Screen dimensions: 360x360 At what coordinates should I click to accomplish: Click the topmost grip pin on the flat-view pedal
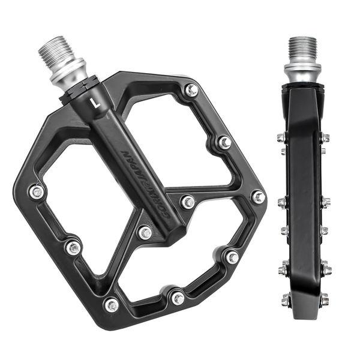[191, 90]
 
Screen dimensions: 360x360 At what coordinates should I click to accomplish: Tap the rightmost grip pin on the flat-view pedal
[258, 197]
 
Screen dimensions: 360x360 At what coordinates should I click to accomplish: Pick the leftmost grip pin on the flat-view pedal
[37, 192]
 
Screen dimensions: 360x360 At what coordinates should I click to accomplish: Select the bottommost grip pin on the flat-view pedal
[112, 305]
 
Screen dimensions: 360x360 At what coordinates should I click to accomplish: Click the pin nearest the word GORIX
[188, 202]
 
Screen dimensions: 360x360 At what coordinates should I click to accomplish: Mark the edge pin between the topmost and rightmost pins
[224, 143]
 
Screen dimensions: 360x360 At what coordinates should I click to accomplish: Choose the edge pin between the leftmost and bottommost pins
[73, 247]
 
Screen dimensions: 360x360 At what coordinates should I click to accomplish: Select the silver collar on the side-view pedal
[302, 71]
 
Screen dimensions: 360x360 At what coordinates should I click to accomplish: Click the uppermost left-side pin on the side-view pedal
[281, 138]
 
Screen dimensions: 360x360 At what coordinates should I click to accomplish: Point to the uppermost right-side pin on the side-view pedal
[325, 138]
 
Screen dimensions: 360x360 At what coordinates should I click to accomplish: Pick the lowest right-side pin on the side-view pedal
[324, 299]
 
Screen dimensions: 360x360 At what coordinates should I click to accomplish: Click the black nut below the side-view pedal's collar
[303, 88]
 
